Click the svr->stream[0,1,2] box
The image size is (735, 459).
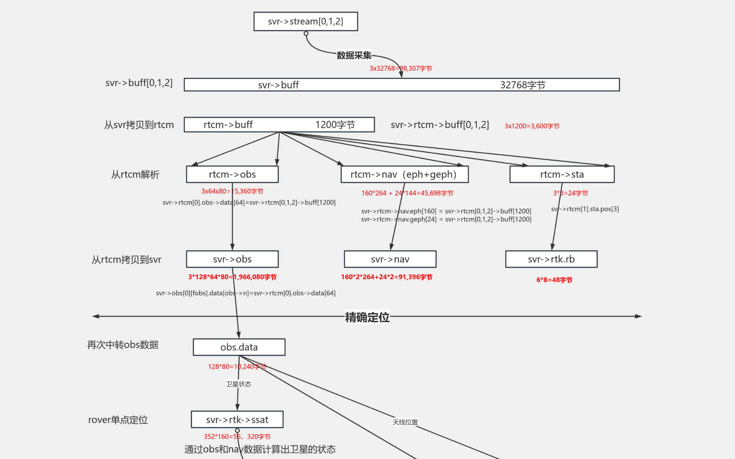(x=305, y=21)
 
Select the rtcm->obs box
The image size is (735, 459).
(x=232, y=174)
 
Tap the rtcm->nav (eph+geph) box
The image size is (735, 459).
(x=404, y=174)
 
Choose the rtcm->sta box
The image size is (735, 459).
(x=562, y=174)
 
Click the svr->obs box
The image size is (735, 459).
(x=232, y=259)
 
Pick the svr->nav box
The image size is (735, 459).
(x=390, y=259)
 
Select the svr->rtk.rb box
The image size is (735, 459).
(x=551, y=259)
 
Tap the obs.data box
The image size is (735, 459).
(x=239, y=347)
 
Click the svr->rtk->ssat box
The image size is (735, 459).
(x=237, y=420)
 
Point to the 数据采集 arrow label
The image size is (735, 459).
(x=354, y=55)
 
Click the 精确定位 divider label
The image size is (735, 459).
(x=367, y=317)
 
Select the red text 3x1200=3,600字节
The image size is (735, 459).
(x=532, y=126)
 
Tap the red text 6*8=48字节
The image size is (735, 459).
(x=554, y=280)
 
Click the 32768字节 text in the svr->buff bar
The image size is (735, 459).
(x=523, y=85)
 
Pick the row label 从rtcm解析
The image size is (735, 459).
(x=135, y=175)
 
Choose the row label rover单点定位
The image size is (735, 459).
(x=118, y=420)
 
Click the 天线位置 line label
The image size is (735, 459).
(x=405, y=422)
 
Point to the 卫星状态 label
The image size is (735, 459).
(x=238, y=384)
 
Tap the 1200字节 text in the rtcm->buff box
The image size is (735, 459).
(x=335, y=125)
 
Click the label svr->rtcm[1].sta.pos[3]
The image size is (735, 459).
(x=585, y=209)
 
